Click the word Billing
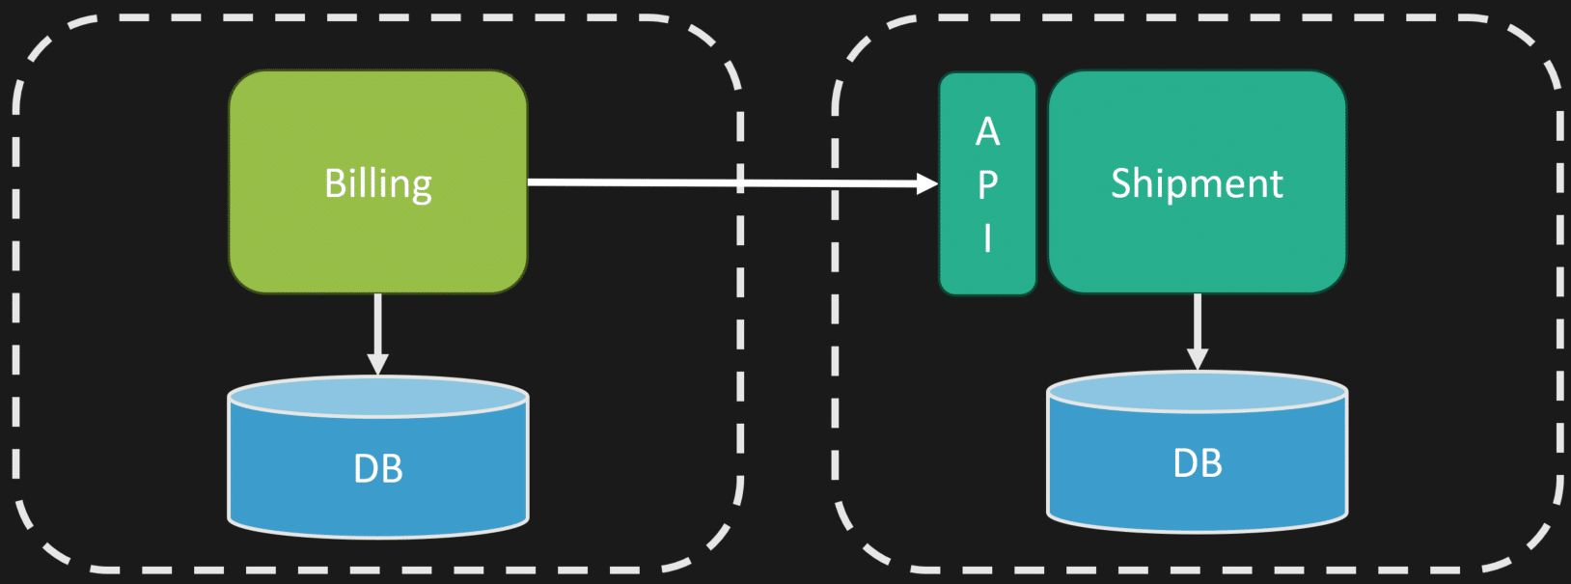point(378,184)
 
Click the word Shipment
point(1197,184)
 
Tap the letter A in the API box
point(987,131)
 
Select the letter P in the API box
point(987,184)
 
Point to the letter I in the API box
point(987,238)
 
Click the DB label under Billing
point(378,469)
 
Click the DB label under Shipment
point(1198,464)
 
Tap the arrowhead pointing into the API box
point(927,184)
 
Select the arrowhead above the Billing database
point(378,364)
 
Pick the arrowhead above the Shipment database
point(1198,359)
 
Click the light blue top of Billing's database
point(378,398)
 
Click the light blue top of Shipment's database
point(1198,392)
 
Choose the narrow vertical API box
point(987,184)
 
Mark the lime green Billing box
point(378,181)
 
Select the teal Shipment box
point(1198,181)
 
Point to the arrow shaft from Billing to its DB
point(378,323)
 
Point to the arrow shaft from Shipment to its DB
point(1198,320)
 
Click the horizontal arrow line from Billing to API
point(723,183)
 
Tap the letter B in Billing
point(335,184)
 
